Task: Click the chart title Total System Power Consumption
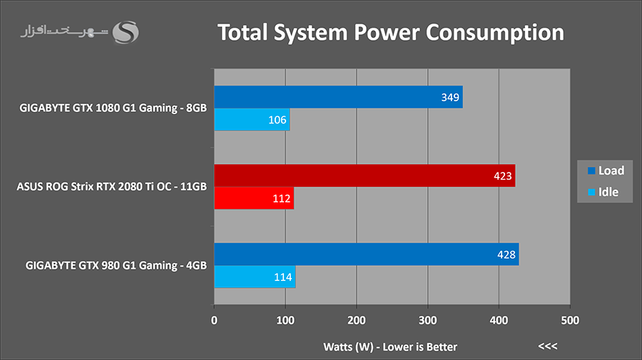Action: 390,33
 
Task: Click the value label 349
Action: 450,97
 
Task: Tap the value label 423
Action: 503,175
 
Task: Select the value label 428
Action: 506,254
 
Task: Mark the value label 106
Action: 278,120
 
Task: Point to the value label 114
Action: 283,277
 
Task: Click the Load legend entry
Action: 605,171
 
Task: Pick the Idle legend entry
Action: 603,192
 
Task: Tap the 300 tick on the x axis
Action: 427,321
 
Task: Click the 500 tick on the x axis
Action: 569,321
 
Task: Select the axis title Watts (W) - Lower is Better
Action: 389,347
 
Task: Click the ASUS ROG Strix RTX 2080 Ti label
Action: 111,187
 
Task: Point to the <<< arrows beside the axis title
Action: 547,347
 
